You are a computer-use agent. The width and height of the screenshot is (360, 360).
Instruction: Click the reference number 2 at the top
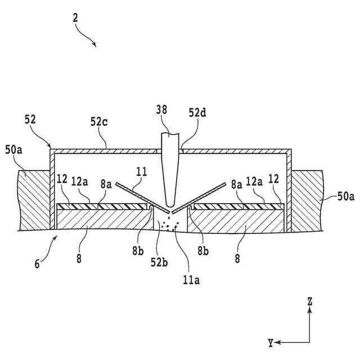pyautogui.click(x=75, y=17)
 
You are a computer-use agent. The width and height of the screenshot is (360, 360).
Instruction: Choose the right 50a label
pyautogui.click(x=345, y=197)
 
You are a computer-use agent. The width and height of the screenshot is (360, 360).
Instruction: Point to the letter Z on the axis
pyautogui.click(x=309, y=301)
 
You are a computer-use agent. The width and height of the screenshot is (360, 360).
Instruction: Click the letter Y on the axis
pyautogui.click(x=271, y=341)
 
